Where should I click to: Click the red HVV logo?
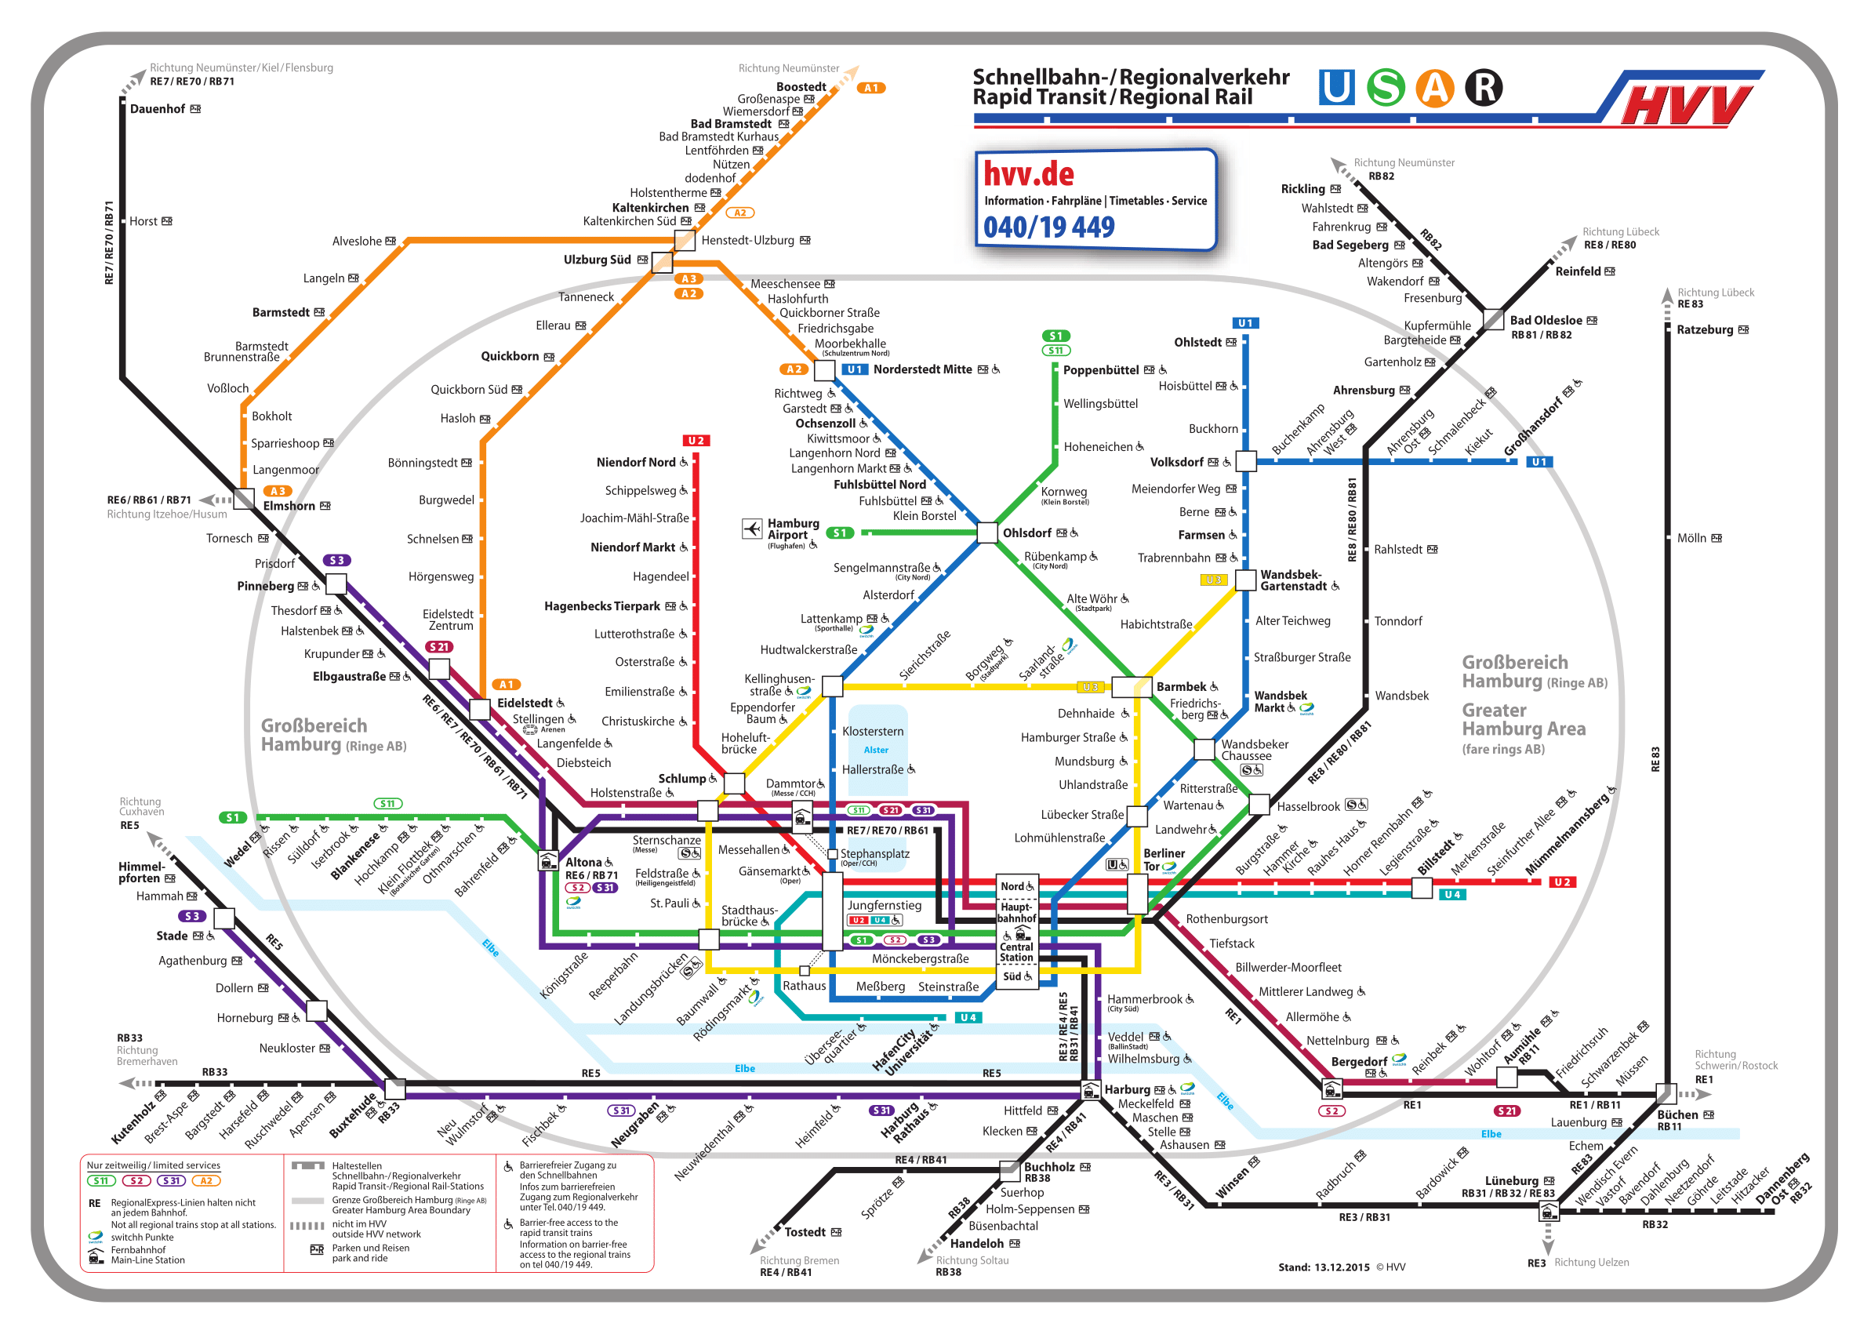(1684, 104)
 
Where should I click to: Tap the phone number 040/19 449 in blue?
(1049, 227)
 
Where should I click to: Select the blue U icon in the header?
(1336, 88)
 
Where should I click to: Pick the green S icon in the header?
(1386, 88)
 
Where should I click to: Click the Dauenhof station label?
(157, 109)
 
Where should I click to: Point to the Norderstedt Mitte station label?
(922, 369)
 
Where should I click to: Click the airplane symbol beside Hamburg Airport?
(751, 528)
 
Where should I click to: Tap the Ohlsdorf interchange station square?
(987, 533)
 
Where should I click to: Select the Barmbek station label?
(1181, 687)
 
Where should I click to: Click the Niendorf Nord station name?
(636, 463)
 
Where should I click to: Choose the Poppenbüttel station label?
(1101, 370)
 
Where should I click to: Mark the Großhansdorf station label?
(1532, 427)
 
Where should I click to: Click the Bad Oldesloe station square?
(1494, 320)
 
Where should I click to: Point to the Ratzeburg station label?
(1705, 330)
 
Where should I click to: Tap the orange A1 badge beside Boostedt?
(870, 88)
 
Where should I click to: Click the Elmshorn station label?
(289, 506)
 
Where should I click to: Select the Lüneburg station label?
(1511, 1181)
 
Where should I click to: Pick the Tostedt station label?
(805, 1232)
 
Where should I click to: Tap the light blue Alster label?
(876, 750)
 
